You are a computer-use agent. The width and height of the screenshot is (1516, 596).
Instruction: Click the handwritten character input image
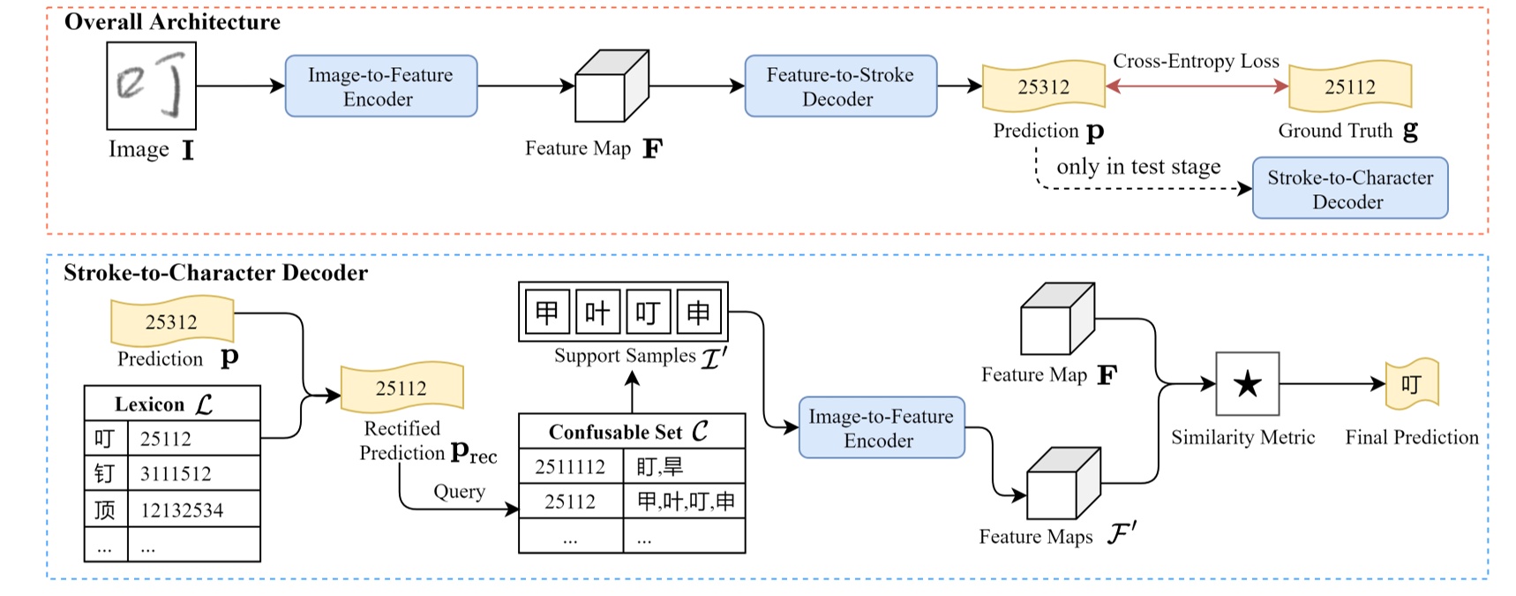pos(151,87)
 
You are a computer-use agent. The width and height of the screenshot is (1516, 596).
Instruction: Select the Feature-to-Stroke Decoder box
pos(840,87)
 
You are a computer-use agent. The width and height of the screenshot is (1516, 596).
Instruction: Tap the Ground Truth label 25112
pos(1349,87)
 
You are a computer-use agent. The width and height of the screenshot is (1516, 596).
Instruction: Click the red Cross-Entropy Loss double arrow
pos(1197,86)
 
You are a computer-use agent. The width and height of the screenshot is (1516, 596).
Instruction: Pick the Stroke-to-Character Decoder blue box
pos(1349,189)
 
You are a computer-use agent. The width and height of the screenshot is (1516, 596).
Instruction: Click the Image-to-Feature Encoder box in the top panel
pos(380,87)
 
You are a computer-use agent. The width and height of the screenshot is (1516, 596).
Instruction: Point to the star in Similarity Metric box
pos(1247,384)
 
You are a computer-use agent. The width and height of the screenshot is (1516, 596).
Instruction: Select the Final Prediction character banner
pos(1411,384)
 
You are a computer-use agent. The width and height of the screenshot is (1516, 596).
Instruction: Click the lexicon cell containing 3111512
pos(176,474)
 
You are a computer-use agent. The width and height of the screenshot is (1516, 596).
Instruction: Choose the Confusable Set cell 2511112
pos(570,467)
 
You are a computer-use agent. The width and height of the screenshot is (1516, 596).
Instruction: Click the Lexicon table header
pos(172,404)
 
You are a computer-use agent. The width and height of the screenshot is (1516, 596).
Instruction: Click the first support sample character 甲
pos(547,313)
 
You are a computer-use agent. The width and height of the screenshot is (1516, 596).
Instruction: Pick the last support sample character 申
pos(698,313)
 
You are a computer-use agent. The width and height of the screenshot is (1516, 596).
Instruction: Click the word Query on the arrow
pos(459,492)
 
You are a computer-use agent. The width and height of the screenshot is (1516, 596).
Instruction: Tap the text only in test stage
pos(1138,167)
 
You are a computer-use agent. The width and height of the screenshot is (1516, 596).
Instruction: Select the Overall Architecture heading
pos(172,22)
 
